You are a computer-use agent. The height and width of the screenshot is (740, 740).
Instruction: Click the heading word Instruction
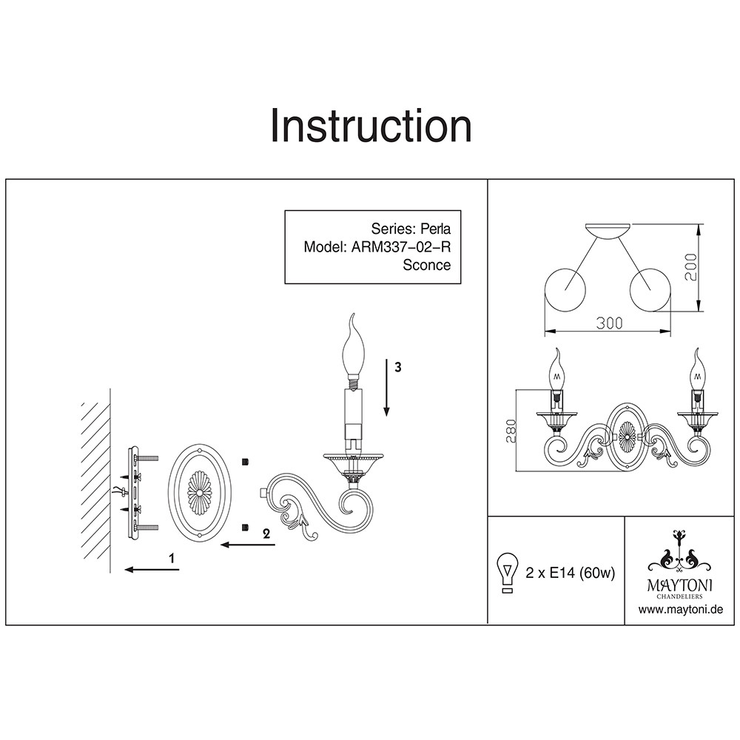tap(370, 126)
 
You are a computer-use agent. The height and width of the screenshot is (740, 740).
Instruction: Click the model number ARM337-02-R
tap(399, 246)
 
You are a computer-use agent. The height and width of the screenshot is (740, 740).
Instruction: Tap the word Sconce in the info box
tap(425, 265)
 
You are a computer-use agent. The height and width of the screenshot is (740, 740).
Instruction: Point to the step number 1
tap(172, 559)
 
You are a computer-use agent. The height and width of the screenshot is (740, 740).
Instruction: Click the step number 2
tap(266, 532)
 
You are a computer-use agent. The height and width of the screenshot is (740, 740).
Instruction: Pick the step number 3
tap(397, 368)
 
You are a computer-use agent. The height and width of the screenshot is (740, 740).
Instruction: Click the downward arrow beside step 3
tap(386, 388)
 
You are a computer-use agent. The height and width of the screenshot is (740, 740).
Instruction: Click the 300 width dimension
tap(609, 323)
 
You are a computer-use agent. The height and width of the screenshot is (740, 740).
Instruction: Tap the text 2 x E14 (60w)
tap(570, 573)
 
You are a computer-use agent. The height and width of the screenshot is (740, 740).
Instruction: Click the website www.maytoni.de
tap(680, 610)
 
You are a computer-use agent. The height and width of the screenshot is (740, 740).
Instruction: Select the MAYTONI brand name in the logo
tap(680, 584)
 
